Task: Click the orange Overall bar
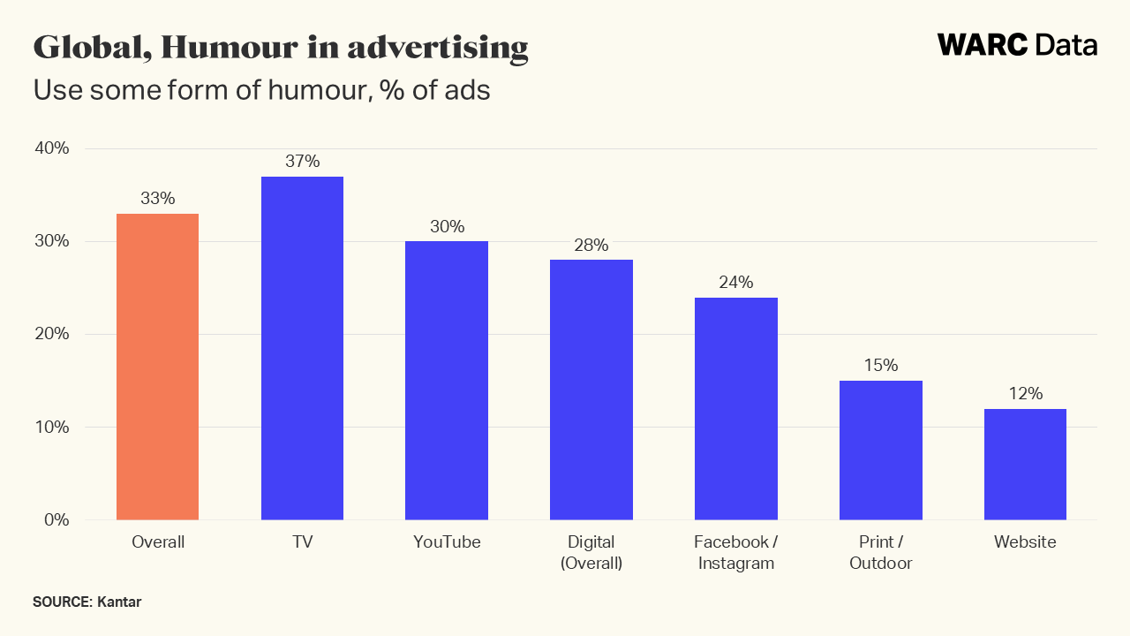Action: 157,367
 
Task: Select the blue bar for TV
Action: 302,348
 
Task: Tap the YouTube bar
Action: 447,380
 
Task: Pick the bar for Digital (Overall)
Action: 591,390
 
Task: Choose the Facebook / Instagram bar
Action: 736,408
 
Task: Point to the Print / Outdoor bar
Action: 880,450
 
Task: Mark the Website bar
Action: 1025,464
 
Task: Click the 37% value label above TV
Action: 302,162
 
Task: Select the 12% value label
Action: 1025,393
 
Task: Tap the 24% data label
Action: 736,283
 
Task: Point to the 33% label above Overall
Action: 157,199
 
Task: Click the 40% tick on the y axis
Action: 51,148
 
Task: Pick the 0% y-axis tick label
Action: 56,519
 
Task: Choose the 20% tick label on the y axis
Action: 51,334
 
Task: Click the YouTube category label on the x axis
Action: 447,542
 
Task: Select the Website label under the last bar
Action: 1025,542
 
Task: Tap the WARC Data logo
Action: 1017,45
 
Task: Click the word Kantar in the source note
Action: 119,602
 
